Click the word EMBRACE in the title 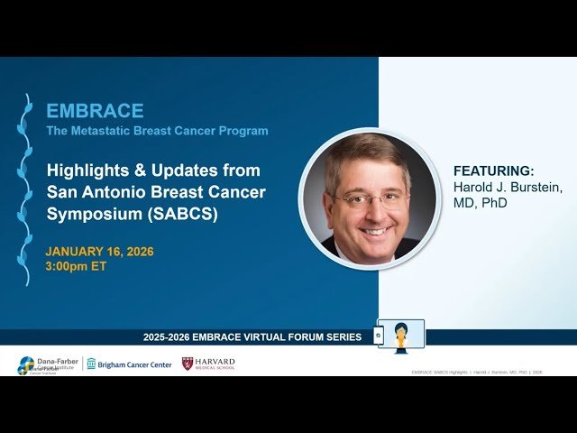pos(95,111)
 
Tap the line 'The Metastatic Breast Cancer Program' pos(157,131)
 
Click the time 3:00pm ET pos(76,266)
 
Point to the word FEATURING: pos(493,170)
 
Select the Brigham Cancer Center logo pos(129,364)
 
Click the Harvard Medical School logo pos(208,364)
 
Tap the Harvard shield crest pos(188,364)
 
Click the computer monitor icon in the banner pos(399,336)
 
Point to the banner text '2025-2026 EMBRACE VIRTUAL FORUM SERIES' pos(252,337)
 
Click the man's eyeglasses pos(371,198)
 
